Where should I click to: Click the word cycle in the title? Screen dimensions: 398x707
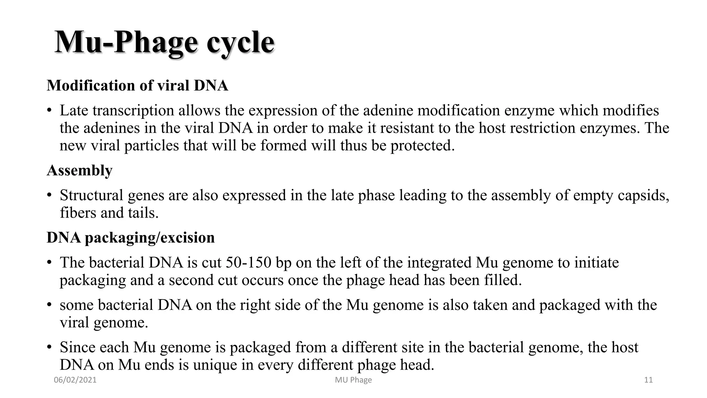[240, 43]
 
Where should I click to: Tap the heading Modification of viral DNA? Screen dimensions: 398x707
[137, 85]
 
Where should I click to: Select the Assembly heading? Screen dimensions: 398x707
[80, 170]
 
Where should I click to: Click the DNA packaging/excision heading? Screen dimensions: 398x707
[130, 238]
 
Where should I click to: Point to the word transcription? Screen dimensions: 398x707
[133, 111]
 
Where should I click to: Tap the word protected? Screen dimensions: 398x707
[422, 146]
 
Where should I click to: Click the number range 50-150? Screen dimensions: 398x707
[249, 263]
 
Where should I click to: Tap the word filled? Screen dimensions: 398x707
[503, 280]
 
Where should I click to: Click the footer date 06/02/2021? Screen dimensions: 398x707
[75, 380]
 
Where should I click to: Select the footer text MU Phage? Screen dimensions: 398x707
[353, 380]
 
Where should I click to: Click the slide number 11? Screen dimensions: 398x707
[648, 380]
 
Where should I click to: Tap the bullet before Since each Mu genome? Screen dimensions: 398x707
[50, 347]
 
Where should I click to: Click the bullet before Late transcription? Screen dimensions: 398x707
[50, 111]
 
